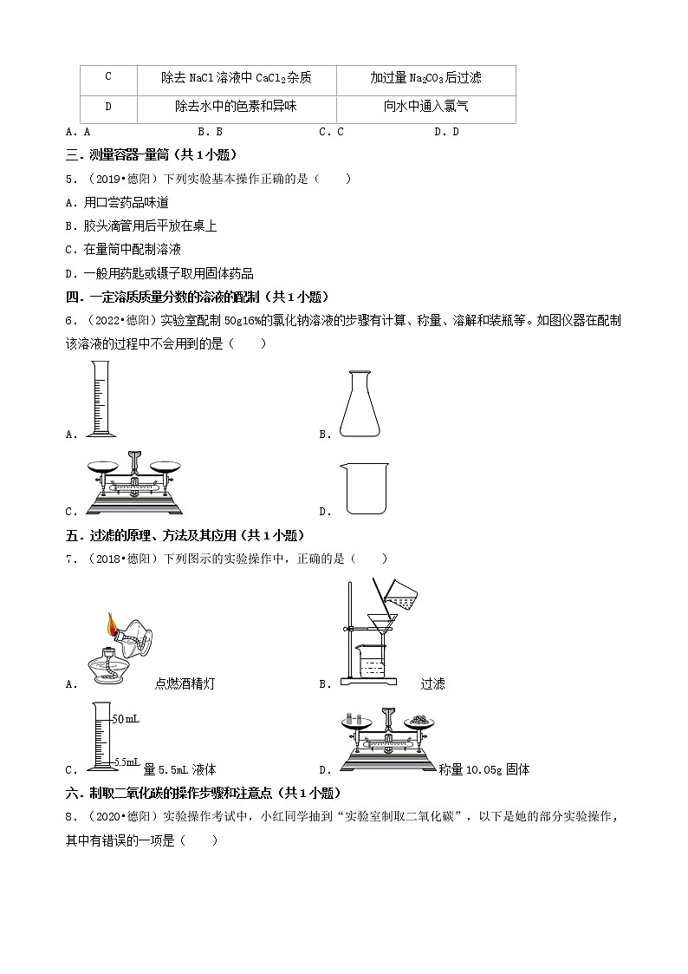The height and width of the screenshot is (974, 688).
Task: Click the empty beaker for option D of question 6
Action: tap(361, 488)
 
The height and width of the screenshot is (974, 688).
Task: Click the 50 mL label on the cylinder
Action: tap(127, 719)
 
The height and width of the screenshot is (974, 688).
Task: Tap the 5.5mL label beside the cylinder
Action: tap(127, 762)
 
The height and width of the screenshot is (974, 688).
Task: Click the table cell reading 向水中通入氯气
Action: tap(425, 108)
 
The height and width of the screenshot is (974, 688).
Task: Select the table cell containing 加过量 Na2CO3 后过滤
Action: tap(425, 78)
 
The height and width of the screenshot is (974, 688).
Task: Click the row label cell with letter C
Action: tap(108, 77)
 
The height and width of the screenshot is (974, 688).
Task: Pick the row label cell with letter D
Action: tap(108, 108)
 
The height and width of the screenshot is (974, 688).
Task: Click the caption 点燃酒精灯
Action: tap(185, 683)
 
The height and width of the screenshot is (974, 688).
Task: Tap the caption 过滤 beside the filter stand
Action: tap(432, 683)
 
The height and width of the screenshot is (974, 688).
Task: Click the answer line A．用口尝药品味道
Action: tap(117, 202)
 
